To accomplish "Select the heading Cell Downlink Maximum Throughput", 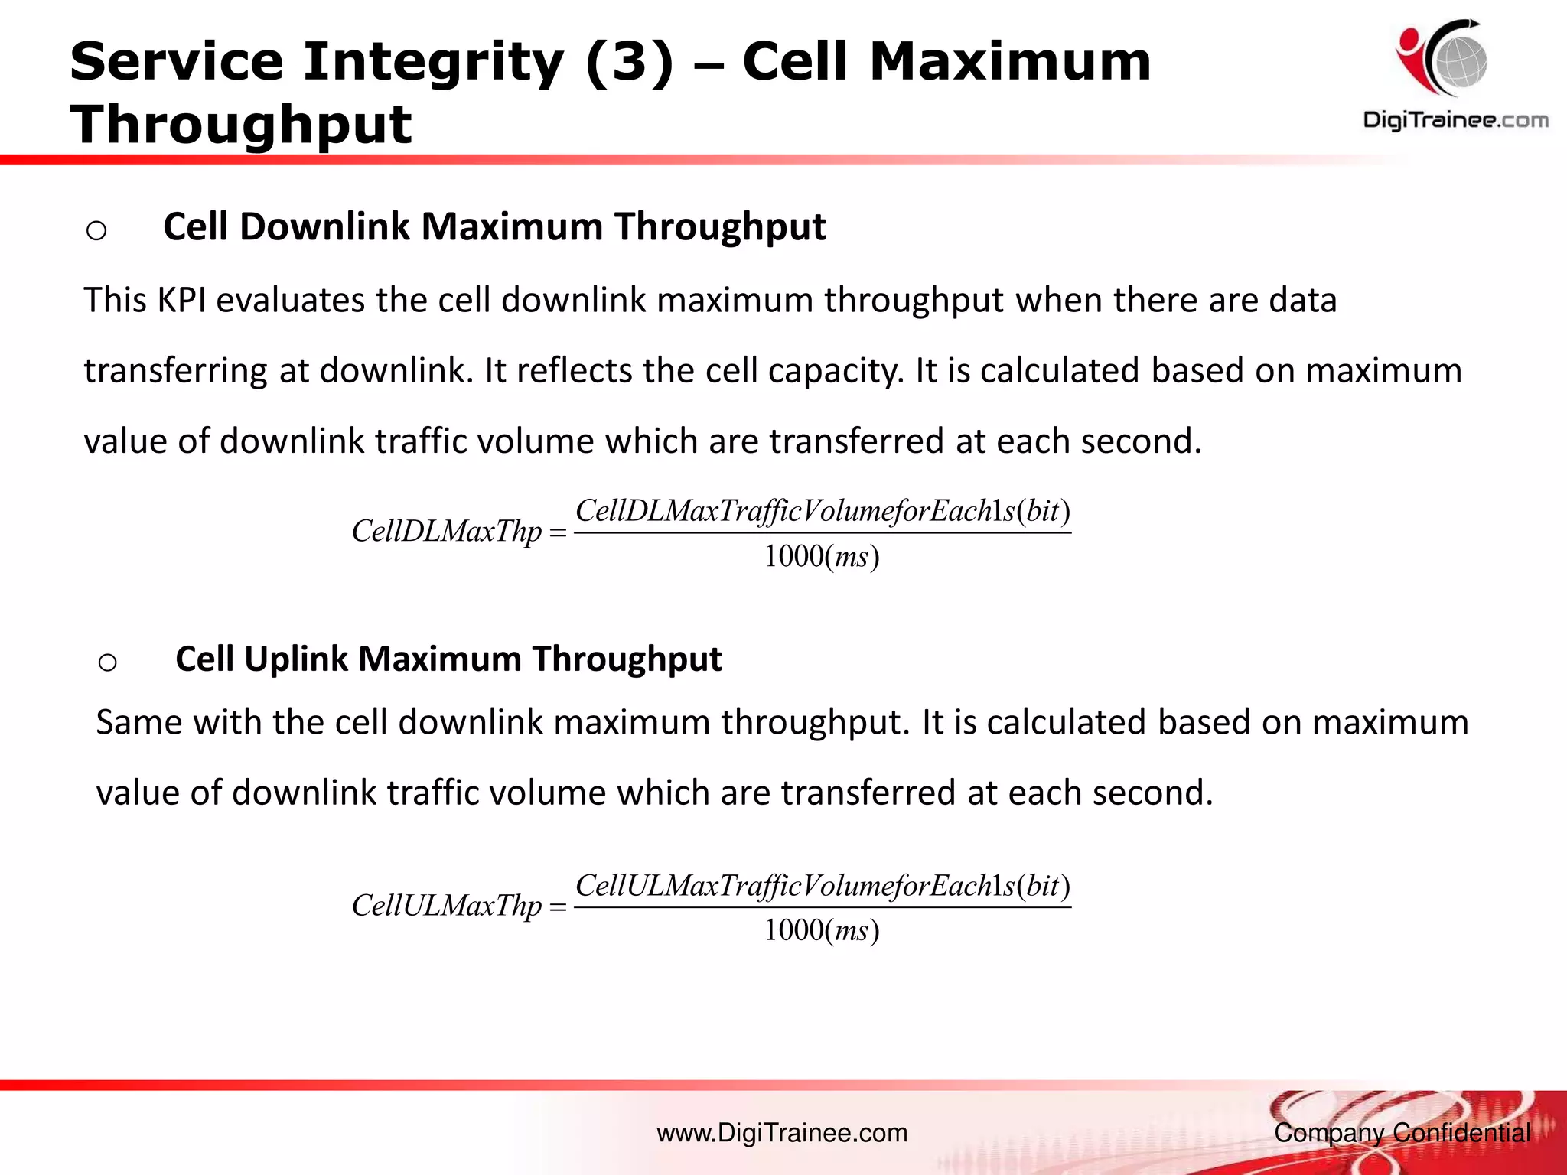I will (494, 227).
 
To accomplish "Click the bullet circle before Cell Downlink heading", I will (96, 230).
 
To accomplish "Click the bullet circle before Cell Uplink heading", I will (108, 662).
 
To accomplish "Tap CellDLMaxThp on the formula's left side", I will (446, 532).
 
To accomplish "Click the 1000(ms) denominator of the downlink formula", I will (822, 557).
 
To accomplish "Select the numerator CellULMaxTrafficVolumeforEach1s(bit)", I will (823, 886).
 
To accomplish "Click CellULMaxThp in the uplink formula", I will (446, 906).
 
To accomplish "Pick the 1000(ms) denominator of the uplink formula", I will (822, 931).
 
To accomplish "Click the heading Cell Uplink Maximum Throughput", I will (448, 659).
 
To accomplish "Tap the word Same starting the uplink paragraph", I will (138, 723).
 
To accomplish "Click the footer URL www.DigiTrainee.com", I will (782, 1133).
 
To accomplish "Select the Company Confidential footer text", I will (1402, 1133).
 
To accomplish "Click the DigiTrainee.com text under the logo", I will (1455, 120).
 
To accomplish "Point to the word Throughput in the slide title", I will (241, 124).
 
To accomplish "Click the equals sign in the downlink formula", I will (558, 533).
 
